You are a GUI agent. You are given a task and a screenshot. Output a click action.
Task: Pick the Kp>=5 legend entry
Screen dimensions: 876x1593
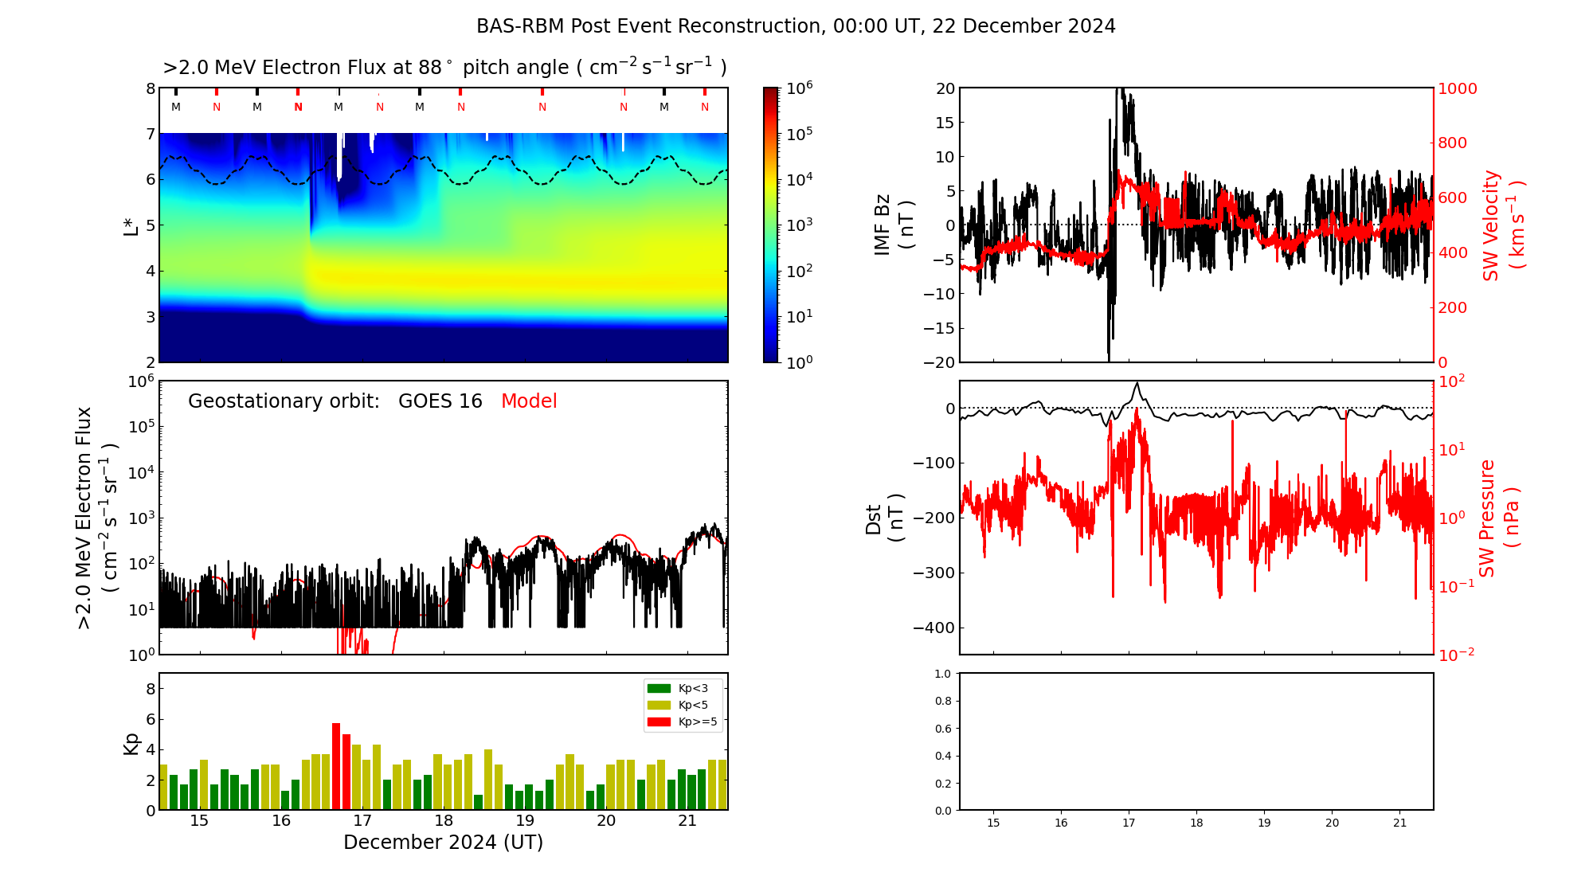tap(682, 722)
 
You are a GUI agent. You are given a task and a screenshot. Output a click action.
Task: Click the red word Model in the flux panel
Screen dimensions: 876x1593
tap(529, 401)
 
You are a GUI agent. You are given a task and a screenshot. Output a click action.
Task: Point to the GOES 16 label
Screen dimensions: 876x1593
tap(440, 401)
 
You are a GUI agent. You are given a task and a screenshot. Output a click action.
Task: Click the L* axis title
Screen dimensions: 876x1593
tap(131, 225)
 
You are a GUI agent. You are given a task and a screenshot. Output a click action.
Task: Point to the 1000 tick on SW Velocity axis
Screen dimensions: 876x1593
tap(1457, 88)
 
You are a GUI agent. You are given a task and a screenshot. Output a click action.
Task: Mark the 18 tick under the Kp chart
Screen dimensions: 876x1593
tap(444, 821)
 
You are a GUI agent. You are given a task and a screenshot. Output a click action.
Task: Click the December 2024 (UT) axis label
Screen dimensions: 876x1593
tap(443, 843)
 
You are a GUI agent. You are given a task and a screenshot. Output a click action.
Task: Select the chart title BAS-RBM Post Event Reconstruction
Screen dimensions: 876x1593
tap(796, 26)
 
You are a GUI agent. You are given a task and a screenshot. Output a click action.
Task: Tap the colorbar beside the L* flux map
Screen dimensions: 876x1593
tap(770, 225)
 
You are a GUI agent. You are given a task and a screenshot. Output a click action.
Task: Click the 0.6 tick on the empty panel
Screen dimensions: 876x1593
tap(942, 729)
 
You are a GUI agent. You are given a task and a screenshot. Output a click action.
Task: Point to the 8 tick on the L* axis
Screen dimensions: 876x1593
tap(151, 88)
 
